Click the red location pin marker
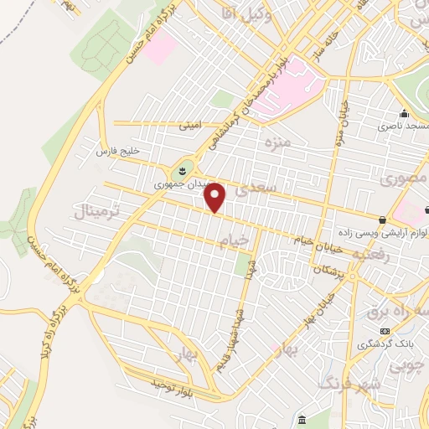tap(216, 198)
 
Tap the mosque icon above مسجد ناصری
tap(405, 114)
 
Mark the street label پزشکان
tap(330, 271)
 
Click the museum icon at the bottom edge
tap(301, 419)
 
